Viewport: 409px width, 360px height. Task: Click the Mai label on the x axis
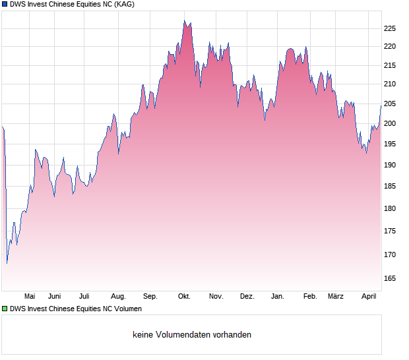click(x=30, y=297)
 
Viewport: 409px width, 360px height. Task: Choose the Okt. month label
click(x=184, y=297)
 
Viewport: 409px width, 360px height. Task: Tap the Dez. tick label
click(x=247, y=297)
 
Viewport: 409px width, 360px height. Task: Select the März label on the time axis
click(x=336, y=297)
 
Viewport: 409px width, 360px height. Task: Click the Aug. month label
click(x=118, y=297)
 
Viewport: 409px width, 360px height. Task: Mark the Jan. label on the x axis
click(x=278, y=297)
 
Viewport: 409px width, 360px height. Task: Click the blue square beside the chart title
click(x=5, y=5)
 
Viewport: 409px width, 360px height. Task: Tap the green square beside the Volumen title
click(x=5, y=309)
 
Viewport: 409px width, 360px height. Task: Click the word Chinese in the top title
click(x=75, y=5)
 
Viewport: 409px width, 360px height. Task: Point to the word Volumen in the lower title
click(x=126, y=309)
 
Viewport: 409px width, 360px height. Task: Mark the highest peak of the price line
click(x=184, y=20)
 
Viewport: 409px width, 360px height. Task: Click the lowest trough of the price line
click(x=7, y=263)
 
